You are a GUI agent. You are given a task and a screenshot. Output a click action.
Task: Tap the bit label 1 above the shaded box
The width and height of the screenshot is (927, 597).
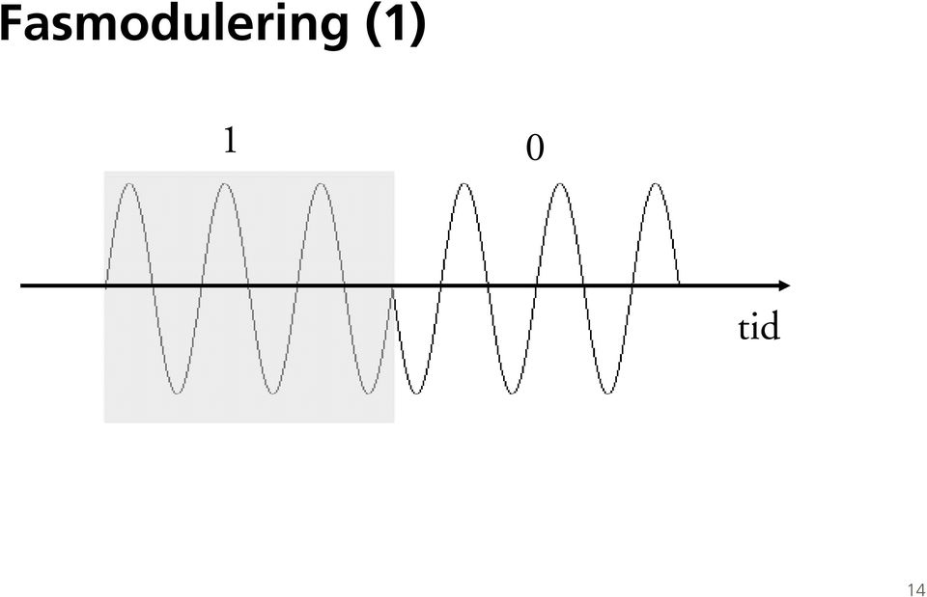click(231, 141)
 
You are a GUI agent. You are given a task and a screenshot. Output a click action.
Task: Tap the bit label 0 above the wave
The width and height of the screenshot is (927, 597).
click(534, 149)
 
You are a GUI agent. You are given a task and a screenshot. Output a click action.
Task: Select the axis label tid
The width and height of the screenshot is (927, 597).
click(759, 327)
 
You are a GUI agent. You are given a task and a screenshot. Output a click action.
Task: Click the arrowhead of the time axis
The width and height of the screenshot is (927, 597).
click(784, 285)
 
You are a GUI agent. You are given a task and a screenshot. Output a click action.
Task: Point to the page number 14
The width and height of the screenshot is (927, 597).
click(915, 589)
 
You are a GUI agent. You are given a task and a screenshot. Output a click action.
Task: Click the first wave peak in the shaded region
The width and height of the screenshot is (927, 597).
click(130, 184)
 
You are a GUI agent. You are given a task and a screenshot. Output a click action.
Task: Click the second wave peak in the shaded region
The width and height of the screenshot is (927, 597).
click(225, 184)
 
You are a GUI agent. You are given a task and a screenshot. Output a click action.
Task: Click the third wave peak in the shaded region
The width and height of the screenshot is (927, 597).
click(321, 184)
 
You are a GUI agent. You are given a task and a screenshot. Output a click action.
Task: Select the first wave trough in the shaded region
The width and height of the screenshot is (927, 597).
click(177, 393)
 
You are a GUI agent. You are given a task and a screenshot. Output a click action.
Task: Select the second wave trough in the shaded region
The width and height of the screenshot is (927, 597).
click(272, 393)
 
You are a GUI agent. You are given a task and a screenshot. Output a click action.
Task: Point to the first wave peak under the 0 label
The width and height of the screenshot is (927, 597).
click(464, 184)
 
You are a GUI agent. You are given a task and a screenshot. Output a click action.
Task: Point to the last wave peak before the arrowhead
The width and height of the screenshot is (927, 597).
click(656, 184)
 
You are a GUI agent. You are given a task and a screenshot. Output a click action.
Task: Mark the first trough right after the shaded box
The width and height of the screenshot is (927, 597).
click(417, 393)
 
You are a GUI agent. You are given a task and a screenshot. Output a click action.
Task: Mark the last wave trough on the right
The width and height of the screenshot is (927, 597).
click(607, 393)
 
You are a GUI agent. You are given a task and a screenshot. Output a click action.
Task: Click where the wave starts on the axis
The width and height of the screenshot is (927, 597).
click(106, 285)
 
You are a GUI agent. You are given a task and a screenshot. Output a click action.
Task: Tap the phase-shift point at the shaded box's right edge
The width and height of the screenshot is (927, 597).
click(393, 287)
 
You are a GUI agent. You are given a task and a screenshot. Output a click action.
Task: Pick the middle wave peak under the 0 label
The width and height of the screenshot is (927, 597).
click(560, 184)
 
